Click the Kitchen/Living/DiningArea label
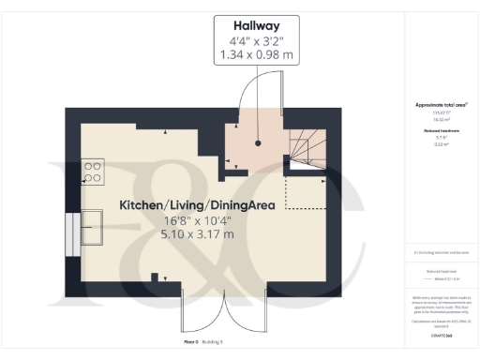click(x=196, y=204)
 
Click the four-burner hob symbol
click(x=94, y=172)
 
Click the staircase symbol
click(x=307, y=150)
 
